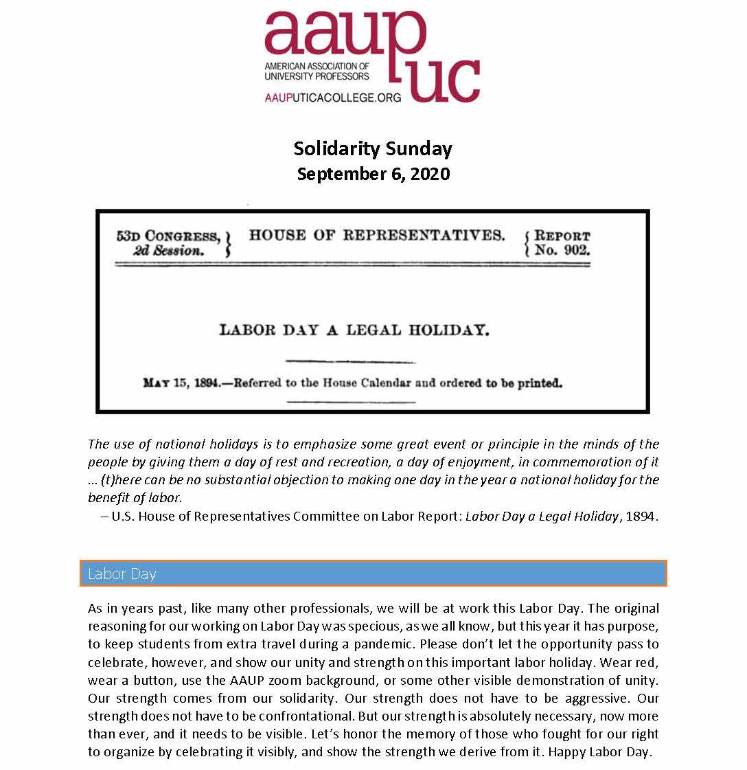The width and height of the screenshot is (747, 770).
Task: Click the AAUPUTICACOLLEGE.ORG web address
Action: coord(333,98)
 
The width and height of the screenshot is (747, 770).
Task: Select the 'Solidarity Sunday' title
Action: coord(373,148)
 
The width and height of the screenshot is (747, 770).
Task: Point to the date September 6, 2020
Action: coord(373,174)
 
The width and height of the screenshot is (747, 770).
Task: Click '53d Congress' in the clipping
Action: coord(168,236)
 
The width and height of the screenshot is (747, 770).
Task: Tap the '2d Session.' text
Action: coord(169,251)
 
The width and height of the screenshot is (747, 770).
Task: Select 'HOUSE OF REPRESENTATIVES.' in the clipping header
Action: coord(376,236)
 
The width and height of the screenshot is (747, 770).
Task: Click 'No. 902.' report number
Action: coord(562,251)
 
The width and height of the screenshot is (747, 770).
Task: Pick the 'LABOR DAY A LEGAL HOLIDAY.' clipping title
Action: coord(354,330)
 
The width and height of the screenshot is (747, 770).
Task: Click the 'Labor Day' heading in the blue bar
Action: coord(122,574)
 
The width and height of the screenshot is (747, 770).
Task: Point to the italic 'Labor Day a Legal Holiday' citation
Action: coord(542,516)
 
